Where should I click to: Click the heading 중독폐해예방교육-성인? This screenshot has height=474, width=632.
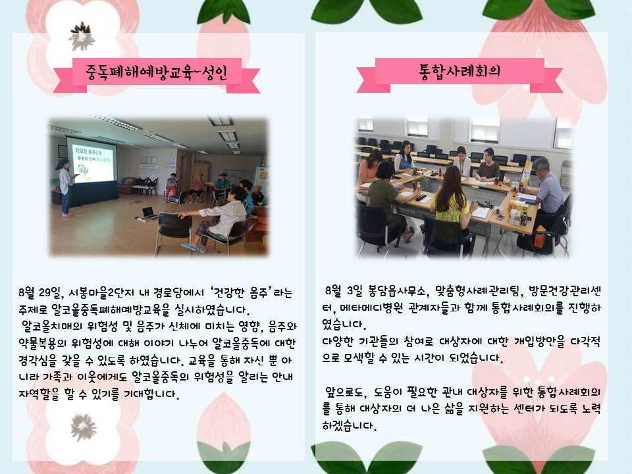(157, 72)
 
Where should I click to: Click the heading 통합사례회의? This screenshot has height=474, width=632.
(460, 71)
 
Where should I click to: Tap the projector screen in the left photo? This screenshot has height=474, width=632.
(92, 161)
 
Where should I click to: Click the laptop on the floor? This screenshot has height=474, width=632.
(149, 213)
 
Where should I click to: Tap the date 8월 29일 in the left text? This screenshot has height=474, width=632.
(41, 292)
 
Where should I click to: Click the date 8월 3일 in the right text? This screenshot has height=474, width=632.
(344, 290)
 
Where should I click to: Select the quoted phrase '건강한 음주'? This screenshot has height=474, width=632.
(240, 292)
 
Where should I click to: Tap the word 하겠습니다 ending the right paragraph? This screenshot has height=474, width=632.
(349, 425)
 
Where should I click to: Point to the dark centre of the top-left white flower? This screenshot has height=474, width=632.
(82, 36)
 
